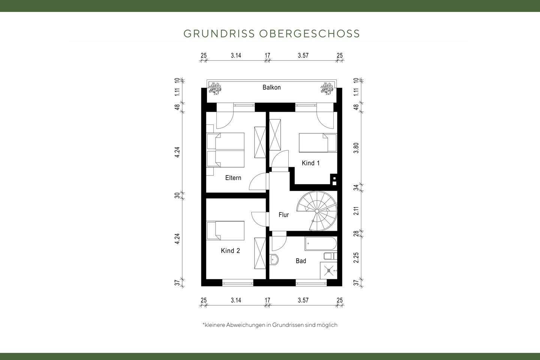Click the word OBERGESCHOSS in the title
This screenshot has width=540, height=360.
click(309, 33)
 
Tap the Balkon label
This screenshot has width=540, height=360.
click(271, 87)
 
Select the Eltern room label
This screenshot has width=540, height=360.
click(233, 178)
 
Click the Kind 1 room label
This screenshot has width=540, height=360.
click(310, 163)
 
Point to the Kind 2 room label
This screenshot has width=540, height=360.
click(230, 250)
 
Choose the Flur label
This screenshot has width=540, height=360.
click(283, 215)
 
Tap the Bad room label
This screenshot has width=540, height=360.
click(301, 261)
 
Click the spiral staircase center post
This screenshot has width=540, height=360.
click(317, 211)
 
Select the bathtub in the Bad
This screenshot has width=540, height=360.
click(321, 244)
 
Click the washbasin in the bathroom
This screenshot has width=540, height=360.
click(274, 259)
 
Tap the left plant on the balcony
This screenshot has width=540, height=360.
click(215, 88)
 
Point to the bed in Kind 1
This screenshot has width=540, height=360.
click(318, 143)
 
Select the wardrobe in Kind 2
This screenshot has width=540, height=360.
click(260, 253)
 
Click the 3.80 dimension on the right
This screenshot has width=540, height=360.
click(357, 148)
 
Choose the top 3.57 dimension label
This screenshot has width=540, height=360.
click(303, 55)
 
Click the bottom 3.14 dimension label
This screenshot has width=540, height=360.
click(236, 300)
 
